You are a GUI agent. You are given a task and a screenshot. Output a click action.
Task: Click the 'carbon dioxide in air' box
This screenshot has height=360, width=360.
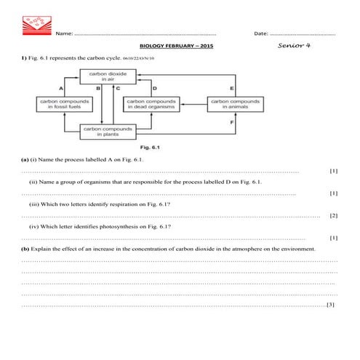click(x=108, y=77)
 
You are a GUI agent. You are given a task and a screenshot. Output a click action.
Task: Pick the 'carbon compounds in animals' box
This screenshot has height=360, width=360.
click(x=237, y=104)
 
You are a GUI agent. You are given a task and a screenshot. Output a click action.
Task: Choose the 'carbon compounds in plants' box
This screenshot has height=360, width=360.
click(x=108, y=132)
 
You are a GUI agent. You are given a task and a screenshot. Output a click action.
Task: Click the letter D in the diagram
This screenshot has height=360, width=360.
click(x=155, y=89)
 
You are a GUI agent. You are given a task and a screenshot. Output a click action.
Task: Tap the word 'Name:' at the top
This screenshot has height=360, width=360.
click(x=64, y=33)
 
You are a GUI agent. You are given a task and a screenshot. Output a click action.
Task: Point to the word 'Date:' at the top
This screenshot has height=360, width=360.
click(x=260, y=33)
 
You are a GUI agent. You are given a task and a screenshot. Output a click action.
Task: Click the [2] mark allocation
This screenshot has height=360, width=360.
click(x=333, y=215)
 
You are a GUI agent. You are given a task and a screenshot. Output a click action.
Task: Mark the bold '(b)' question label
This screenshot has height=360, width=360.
click(x=26, y=249)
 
